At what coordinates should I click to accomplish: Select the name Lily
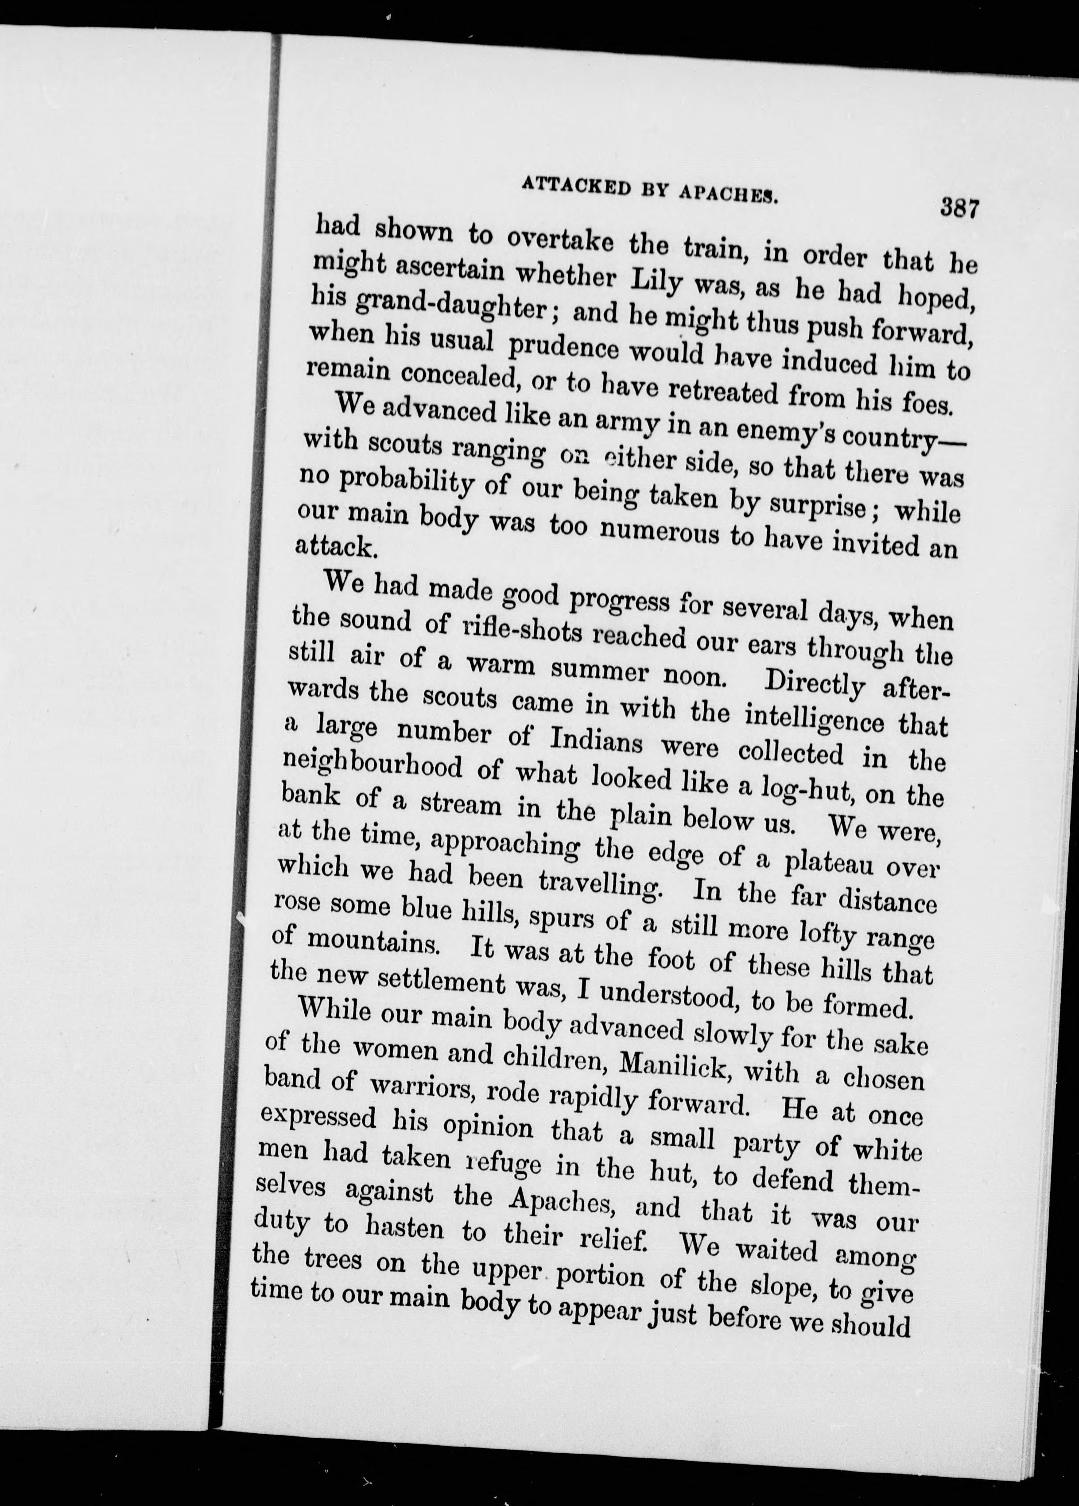tap(657, 279)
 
